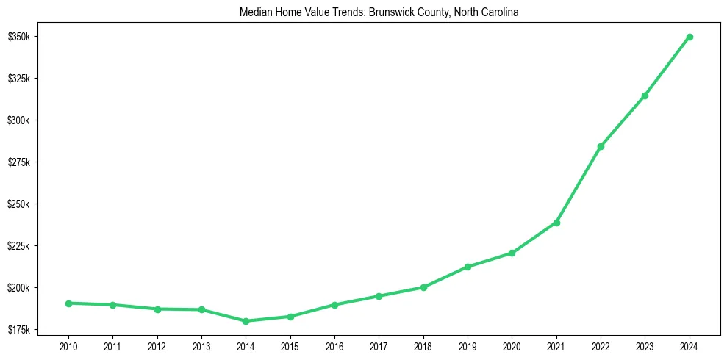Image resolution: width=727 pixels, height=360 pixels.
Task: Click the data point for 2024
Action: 690,37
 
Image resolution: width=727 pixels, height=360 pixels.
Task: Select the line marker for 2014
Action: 246,321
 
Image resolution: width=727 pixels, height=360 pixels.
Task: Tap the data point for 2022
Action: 601,146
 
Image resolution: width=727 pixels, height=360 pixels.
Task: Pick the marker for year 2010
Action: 68,303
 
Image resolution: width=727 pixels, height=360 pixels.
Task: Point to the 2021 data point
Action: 556,223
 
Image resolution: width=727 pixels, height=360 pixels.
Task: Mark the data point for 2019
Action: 468,267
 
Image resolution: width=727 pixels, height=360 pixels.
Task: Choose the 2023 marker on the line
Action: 645,96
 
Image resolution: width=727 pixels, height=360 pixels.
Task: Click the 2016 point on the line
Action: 334,305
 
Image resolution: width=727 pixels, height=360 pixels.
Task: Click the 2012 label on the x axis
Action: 157,345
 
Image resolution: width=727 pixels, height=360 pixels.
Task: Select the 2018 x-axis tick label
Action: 423,345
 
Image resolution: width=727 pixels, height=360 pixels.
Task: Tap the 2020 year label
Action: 512,345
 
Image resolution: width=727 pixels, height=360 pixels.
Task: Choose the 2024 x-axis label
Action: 690,345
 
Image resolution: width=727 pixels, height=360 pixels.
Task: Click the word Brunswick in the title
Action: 351,13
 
